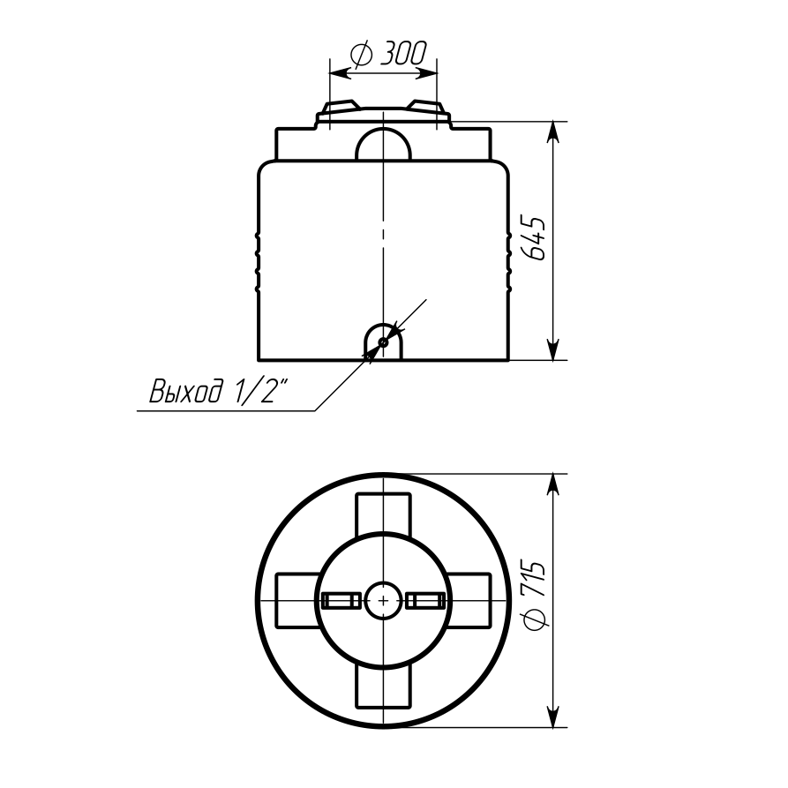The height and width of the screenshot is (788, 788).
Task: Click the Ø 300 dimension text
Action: (x=388, y=53)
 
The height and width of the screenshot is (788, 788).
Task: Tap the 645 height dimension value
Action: (x=534, y=239)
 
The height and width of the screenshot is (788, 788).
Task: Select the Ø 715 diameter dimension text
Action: (x=534, y=594)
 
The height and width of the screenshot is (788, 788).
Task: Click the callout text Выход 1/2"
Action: (x=220, y=390)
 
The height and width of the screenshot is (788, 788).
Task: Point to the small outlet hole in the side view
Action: (x=383, y=342)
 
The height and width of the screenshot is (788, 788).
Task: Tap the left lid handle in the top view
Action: (x=341, y=600)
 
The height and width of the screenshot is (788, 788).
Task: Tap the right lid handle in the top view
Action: (x=425, y=600)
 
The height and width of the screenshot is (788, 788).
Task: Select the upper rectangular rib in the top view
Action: (x=383, y=513)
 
